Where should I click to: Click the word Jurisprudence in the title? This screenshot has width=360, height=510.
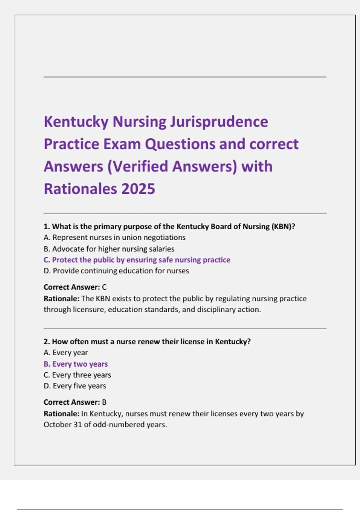point(219,122)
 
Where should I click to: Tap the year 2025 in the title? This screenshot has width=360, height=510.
point(138,189)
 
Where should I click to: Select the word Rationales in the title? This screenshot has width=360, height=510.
point(80,189)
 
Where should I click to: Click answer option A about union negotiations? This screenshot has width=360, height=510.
point(114,238)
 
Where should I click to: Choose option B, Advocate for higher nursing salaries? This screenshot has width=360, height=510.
point(109,249)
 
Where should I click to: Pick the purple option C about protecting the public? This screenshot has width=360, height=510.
point(137,260)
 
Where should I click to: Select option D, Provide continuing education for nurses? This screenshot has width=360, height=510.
point(116,271)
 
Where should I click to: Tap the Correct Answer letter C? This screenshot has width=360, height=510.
point(104,287)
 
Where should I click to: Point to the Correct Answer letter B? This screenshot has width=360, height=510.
point(104,402)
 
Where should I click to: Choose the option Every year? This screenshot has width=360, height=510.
point(66,353)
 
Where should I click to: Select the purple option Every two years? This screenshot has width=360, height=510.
point(76,364)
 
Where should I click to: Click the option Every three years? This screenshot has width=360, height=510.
point(77,375)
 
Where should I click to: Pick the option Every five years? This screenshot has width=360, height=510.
point(75,386)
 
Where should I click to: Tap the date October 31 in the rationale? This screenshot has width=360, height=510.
point(63,425)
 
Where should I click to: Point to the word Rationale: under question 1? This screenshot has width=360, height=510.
point(61,299)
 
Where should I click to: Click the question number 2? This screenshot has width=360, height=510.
point(46,342)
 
